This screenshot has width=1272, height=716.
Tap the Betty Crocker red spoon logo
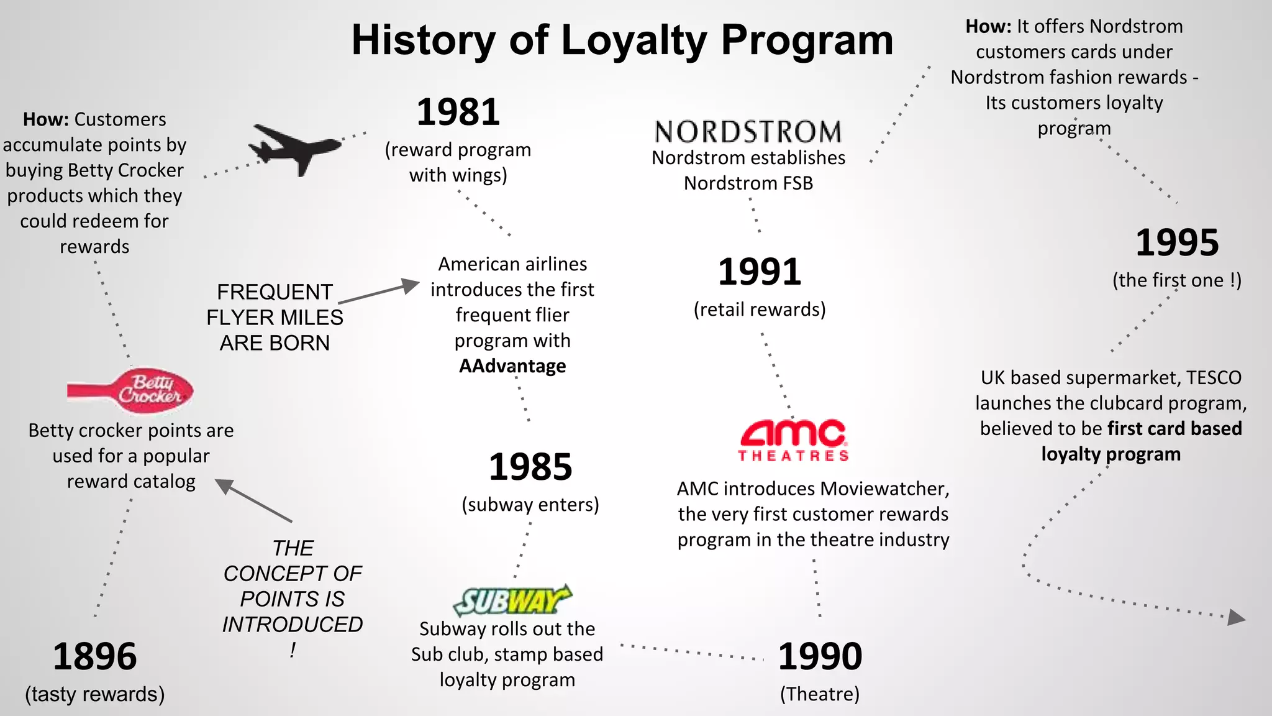(x=132, y=390)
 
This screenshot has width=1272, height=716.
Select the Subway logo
(x=512, y=600)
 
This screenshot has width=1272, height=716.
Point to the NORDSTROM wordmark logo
(x=748, y=132)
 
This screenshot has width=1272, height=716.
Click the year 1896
(x=94, y=656)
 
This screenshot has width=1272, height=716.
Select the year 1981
(x=458, y=112)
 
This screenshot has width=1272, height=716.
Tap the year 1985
(x=530, y=467)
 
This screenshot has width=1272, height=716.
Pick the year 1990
(x=820, y=656)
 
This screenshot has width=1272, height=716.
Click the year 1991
(x=760, y=272)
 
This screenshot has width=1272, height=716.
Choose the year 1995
(x=1177, y=242)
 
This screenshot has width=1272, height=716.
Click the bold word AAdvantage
(x=512, y=366)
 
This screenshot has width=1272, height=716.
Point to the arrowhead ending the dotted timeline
(x=1236, y=617)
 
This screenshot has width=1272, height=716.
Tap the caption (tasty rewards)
(x=94, y=694)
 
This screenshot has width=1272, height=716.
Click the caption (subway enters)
(x=530, y=505)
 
